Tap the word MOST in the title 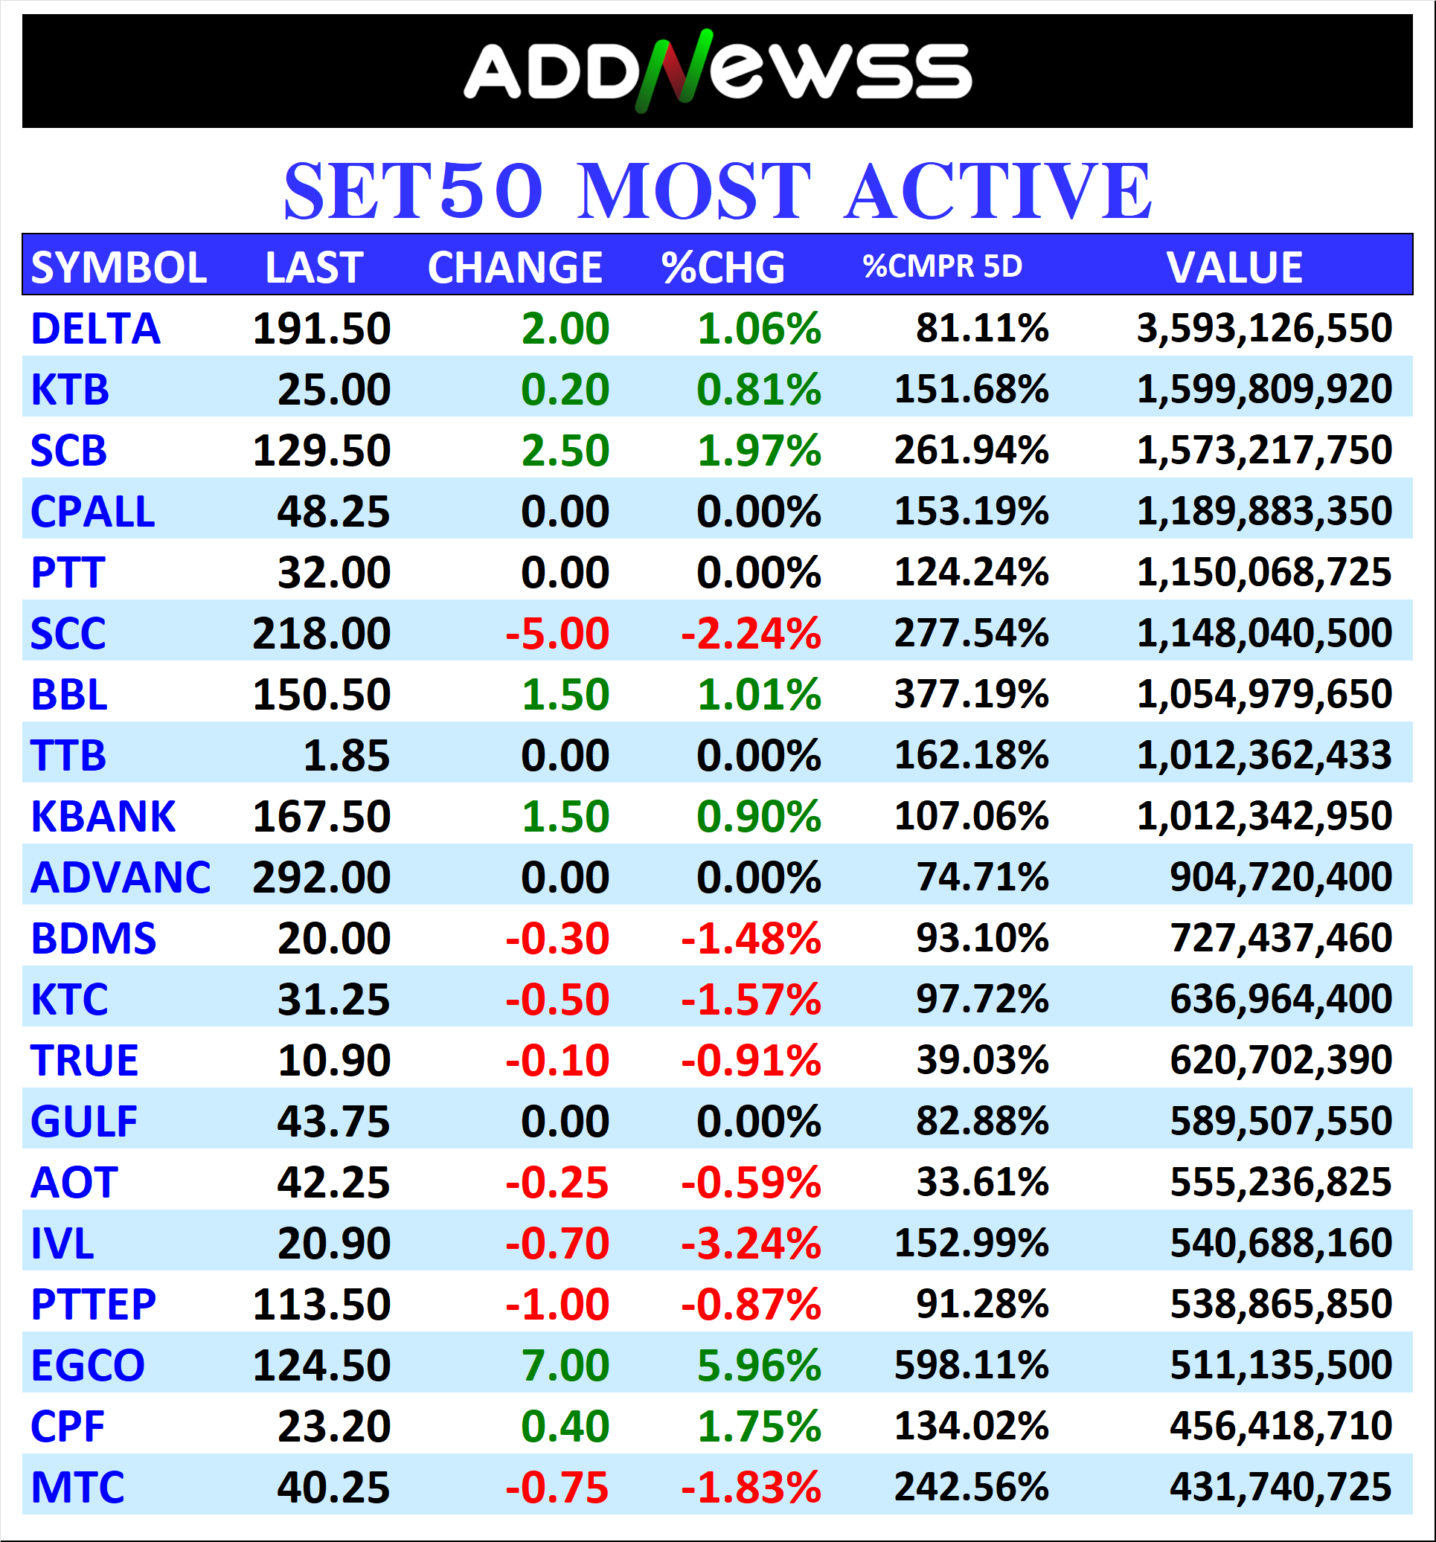694,191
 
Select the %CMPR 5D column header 942,266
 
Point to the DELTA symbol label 95,329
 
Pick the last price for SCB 321,451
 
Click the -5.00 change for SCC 557,634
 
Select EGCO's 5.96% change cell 758,1365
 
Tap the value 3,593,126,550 1264,328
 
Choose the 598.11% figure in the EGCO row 970,1365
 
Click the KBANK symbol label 103,817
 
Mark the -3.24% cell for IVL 750,1244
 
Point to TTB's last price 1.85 346,756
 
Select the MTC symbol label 77,1487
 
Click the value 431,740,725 1280,1487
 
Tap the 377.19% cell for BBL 970,694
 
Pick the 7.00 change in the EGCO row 565,1365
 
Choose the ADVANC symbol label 121,877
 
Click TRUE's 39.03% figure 981,1060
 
